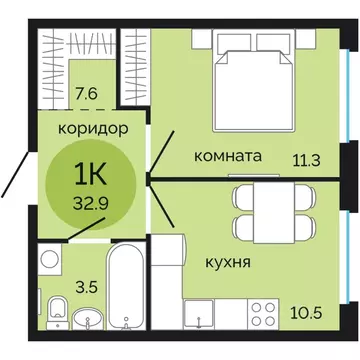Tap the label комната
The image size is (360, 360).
(x=228, y=157)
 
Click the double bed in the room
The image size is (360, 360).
(x=252, y=85)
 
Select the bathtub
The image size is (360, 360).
(x=128, y=290)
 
